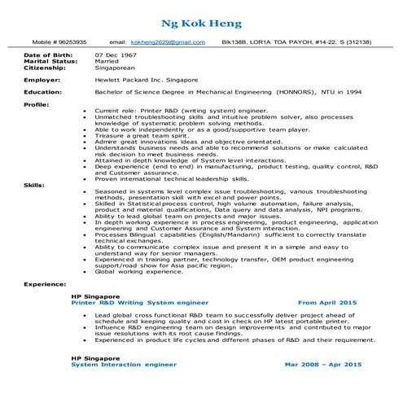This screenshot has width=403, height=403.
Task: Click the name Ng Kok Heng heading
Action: click(201, 21)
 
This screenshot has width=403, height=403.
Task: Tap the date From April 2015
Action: click(327, 301)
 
